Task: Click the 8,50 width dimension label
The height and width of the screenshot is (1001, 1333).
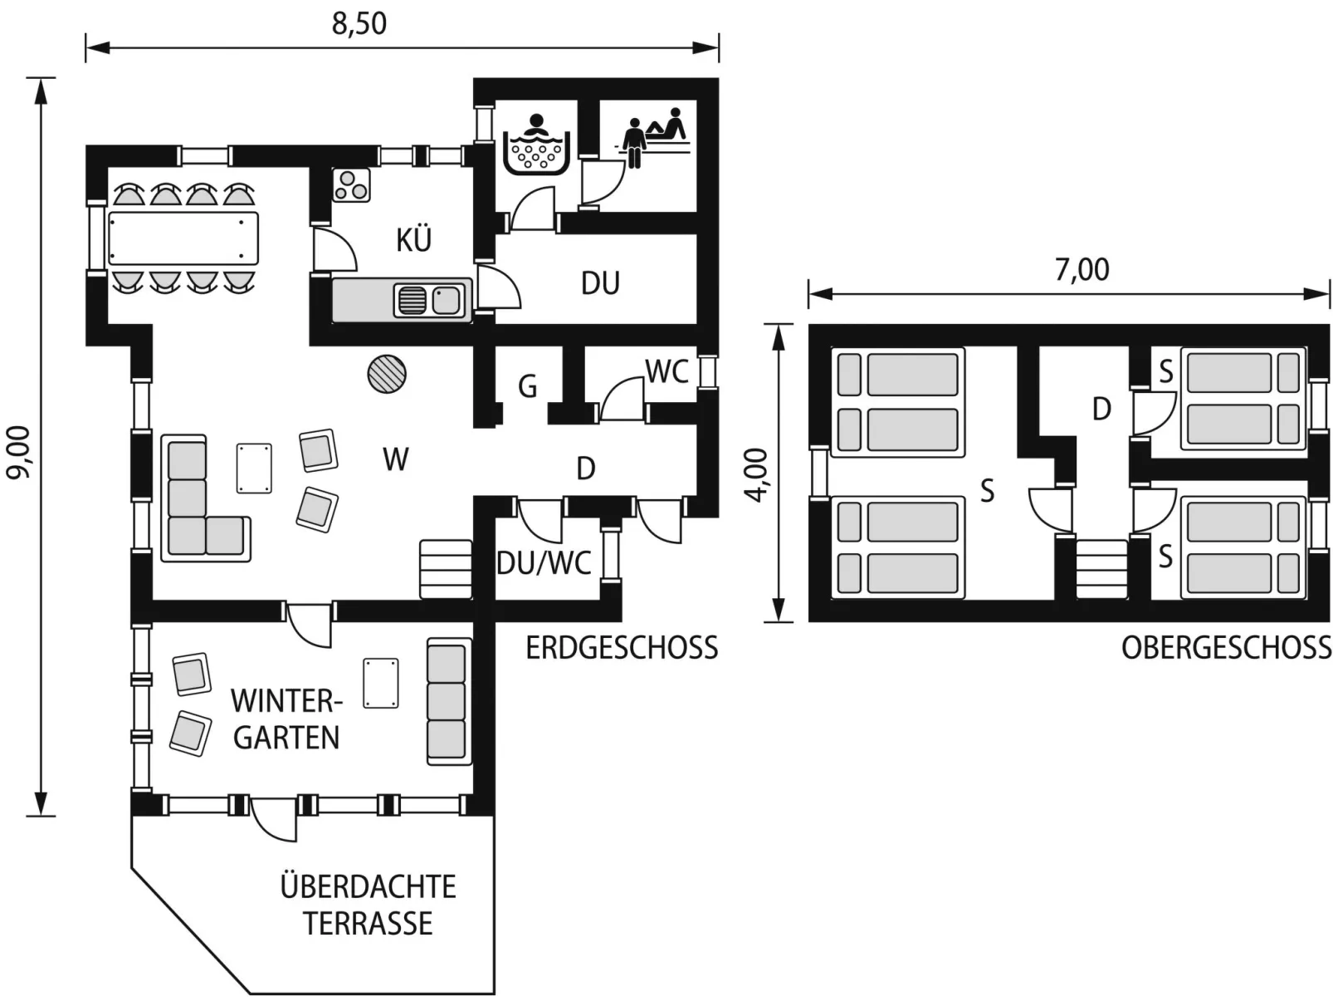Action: (x=359, y=24)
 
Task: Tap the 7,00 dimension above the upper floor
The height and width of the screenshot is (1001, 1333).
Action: (x=1082, y=270)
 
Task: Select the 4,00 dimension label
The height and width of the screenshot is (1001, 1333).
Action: (x=757, y=475)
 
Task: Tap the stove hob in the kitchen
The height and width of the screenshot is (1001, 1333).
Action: (x=351, y=184)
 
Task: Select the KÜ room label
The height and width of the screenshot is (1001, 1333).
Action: (x=413, y=239)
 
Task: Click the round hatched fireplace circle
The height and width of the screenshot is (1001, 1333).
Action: (x=387, y=374)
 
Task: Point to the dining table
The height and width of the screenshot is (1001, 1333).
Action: (x=183, y=238)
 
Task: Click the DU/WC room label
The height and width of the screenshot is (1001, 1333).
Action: (x=544, y=562)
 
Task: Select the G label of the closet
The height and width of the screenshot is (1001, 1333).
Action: (x=527, y=386)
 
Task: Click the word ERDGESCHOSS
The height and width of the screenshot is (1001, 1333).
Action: (x=621, y=648)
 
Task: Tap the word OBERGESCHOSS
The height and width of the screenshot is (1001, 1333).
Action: (x=1226, y=648)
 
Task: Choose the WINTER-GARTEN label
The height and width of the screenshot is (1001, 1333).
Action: (x=286, y=719)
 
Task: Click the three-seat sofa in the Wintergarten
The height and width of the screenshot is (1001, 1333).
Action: (x=449, y=701)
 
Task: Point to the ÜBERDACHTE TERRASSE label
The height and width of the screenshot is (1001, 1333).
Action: (x=368, y=905)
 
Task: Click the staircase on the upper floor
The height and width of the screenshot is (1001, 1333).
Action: (x=1101, y=569)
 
